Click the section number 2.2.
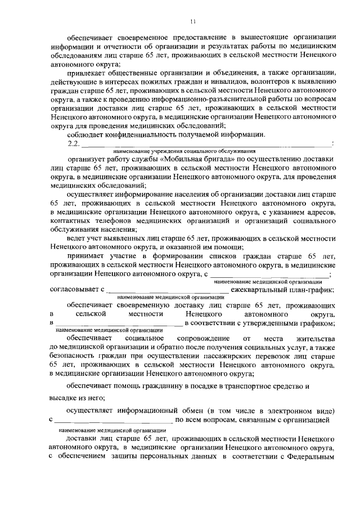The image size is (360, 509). point(74,144)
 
